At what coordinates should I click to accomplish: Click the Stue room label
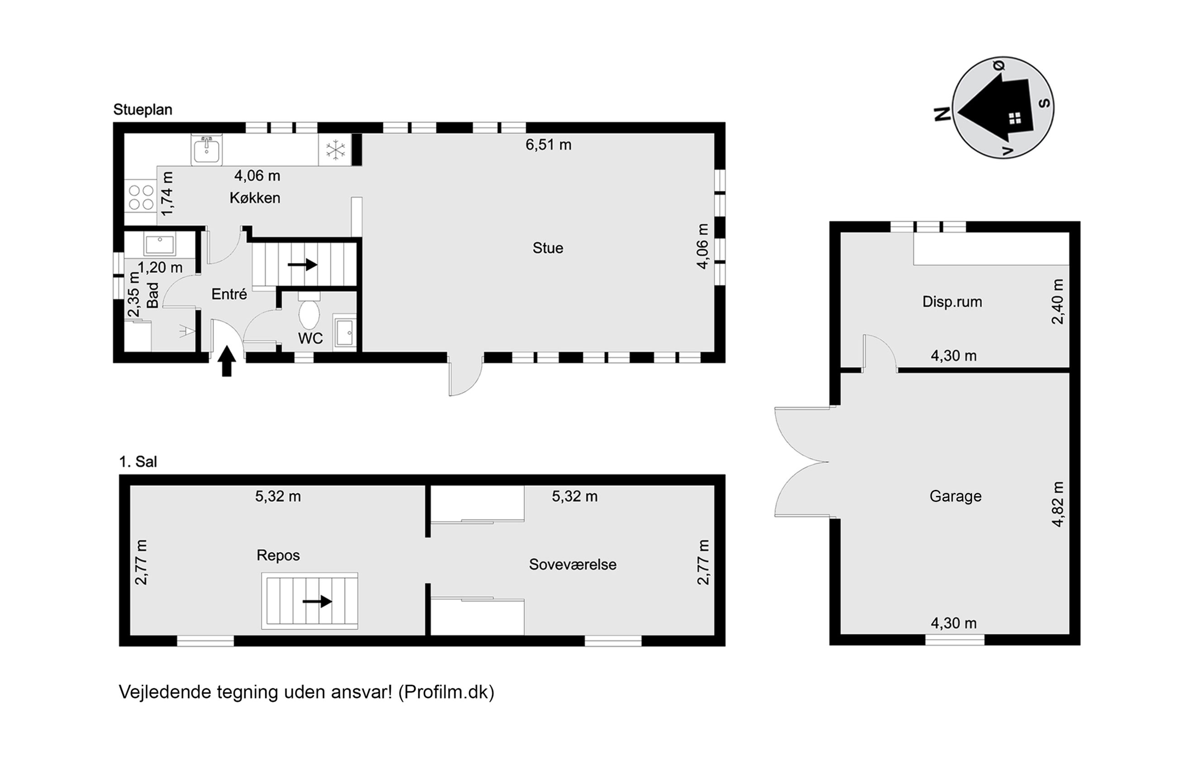548,248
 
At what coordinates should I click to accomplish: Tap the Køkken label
254,198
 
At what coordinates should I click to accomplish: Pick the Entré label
229,294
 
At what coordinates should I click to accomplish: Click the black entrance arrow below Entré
227,360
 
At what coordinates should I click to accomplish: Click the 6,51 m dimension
548,145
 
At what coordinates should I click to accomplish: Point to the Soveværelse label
573,565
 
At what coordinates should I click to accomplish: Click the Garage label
955,496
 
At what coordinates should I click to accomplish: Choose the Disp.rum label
952,302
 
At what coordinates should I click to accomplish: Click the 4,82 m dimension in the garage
1057,504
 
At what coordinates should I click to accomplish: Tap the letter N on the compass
943,114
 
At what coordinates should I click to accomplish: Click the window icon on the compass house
1014,119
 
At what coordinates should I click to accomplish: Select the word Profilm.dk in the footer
445,692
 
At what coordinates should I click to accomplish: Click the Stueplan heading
143,110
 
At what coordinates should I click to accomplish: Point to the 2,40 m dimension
1057,301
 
